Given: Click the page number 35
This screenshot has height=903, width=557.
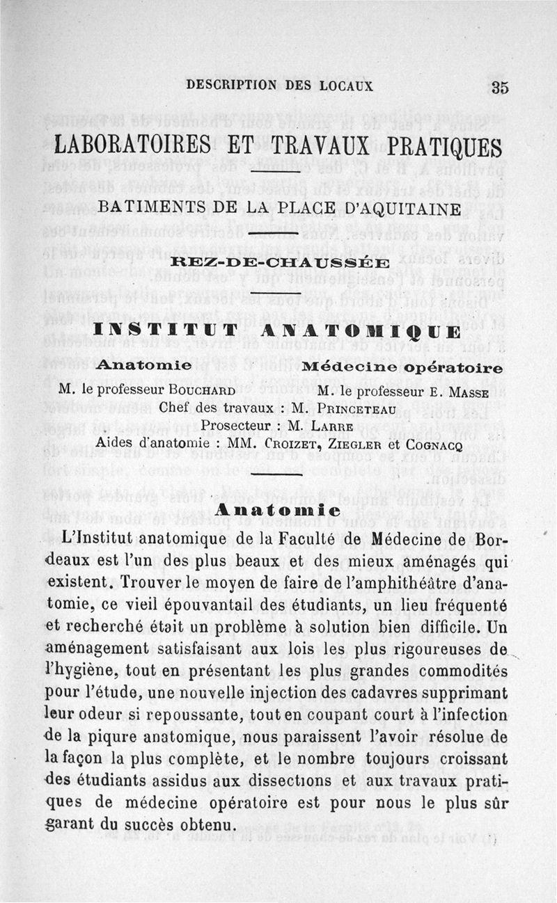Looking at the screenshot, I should coord(500,88).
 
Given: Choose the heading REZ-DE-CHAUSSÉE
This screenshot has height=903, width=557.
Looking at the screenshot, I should coord(279,262).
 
